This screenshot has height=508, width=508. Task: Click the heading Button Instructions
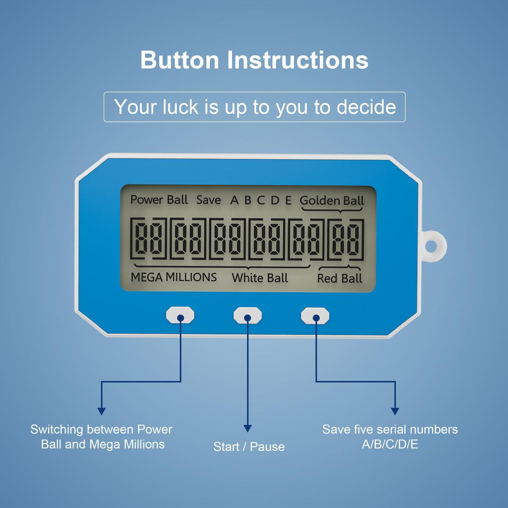254,60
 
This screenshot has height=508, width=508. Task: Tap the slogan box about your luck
254,107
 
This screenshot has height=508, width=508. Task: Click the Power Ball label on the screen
159,199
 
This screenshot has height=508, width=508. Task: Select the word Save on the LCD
208,200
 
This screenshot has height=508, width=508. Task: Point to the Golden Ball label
332,200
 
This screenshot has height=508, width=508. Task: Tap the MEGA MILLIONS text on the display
174,277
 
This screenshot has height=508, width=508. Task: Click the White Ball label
260,278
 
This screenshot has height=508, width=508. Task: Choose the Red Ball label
340,278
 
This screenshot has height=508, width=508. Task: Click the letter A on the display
234,200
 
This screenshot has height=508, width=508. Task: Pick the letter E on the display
288,200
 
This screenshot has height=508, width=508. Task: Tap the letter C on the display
261,200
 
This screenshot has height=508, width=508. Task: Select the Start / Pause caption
249,447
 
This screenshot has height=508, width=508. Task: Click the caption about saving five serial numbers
390,436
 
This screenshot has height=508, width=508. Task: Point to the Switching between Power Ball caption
102,436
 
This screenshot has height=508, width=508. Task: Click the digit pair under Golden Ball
346,239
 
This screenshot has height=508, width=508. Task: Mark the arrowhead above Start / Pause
248,428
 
